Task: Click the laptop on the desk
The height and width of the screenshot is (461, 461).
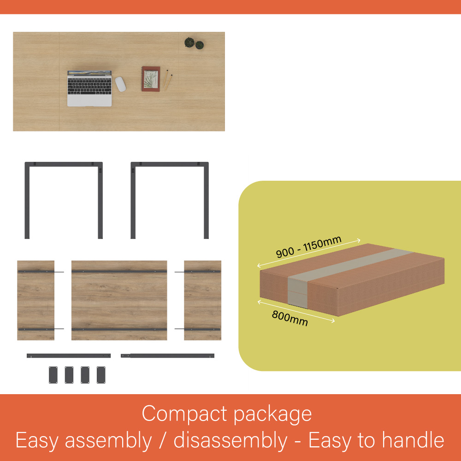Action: (x=89, y=88)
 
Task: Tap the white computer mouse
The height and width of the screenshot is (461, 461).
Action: (x=120, y=84)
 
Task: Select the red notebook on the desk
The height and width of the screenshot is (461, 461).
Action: (x=151, y=79)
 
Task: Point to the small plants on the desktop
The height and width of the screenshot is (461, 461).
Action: (x=194, y=43)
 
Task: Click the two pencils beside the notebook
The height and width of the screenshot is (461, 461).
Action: (x=167, y=80)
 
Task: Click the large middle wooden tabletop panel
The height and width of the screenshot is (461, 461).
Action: (x=119, y=300)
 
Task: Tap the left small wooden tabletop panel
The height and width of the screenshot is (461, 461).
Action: (x=35, y=300)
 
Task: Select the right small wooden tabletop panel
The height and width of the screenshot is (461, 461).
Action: (x=202, y=300)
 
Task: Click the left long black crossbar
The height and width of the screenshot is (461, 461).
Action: (x=69, y=356)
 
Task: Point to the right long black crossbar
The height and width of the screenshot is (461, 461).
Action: (x=168, y=356)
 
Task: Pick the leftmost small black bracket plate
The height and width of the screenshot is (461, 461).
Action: (x=53, y=375)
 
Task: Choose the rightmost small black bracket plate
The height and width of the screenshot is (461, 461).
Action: (x=101, y=375)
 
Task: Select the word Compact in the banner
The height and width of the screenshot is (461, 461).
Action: (x=185, y=414)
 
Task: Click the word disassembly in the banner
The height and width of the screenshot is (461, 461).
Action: (x=230, y=441)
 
